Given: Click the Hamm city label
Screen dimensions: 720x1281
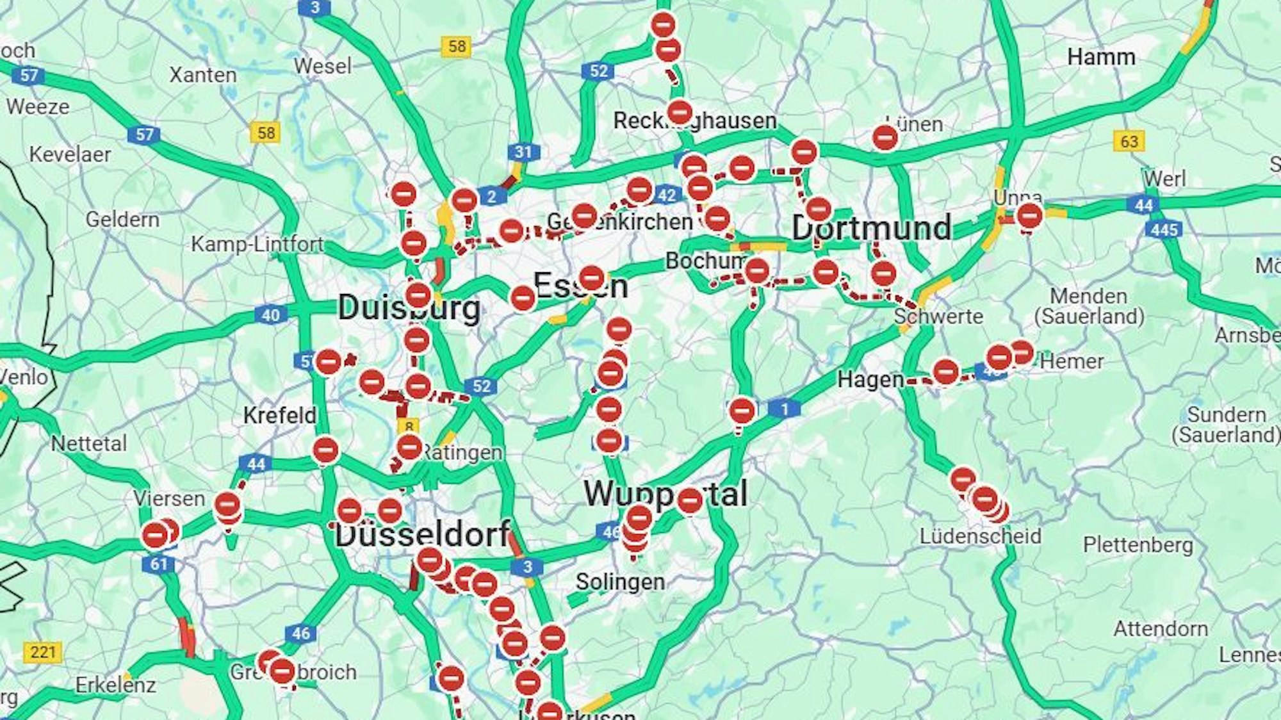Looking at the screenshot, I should click(x=1101, y=57).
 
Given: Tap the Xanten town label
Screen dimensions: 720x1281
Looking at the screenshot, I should click(x=203, y=75).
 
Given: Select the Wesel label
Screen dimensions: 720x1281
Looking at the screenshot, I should click(x=323, y=66).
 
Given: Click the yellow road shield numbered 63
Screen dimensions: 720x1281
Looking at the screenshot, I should click(x=1129, y=140).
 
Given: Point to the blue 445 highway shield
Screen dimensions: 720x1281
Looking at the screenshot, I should click(x=1164, y=229).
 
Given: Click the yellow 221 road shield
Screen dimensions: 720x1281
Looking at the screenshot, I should click(x=43, y=652).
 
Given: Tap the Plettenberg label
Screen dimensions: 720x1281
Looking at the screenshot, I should click(x=1138, y=545).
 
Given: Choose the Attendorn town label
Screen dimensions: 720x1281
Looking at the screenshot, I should click(x=1161, y=628).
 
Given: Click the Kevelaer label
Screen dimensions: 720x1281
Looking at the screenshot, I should click(x=70, y=154).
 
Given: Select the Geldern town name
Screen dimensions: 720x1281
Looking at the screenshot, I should click(x=122, y=220).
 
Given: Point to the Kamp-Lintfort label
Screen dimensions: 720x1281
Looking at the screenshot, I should click(x=257, y=244).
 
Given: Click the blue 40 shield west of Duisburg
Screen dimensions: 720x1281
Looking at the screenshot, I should click(x=271, y=315).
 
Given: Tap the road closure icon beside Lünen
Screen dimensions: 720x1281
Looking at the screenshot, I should click(x=885, y=137).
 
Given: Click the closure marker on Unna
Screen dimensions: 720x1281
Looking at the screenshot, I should click(x=1029, y=216).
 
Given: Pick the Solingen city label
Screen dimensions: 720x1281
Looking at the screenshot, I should click(x=619, y=582).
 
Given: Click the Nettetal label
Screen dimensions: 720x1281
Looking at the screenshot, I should click(x=89, y=443).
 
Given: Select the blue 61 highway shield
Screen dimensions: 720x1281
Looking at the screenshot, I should click(x=158, y=564).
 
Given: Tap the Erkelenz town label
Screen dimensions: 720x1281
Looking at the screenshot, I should click(x=115, y=685).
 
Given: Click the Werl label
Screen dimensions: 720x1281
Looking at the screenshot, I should click(x=1165, y=178).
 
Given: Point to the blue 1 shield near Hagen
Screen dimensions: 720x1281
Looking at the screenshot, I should click(x=785, y=408).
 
